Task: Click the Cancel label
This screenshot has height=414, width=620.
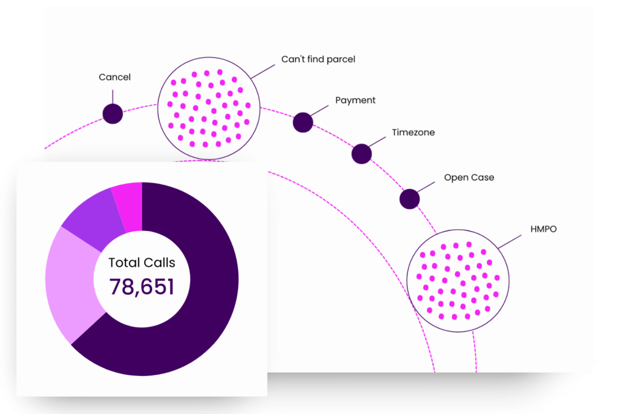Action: (114, 78)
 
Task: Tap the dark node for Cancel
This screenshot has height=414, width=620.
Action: (113, 113)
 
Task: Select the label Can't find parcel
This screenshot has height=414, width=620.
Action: (318, 59)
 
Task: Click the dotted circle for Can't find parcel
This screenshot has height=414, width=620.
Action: (209, 108)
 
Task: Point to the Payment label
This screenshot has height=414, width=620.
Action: (355, 100)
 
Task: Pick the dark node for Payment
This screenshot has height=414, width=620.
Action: (303, 122)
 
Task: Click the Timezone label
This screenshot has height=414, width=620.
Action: (413, 132)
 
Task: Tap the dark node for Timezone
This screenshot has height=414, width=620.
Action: (361, 154)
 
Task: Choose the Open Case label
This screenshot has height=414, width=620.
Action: (469, 178)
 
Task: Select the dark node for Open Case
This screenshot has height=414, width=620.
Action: (409, 199)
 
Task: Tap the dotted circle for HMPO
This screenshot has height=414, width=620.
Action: (458, 281)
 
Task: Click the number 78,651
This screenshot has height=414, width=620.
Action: (142, 287)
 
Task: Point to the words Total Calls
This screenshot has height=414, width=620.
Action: (142, 262)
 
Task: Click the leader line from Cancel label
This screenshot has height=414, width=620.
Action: (113, 96)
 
